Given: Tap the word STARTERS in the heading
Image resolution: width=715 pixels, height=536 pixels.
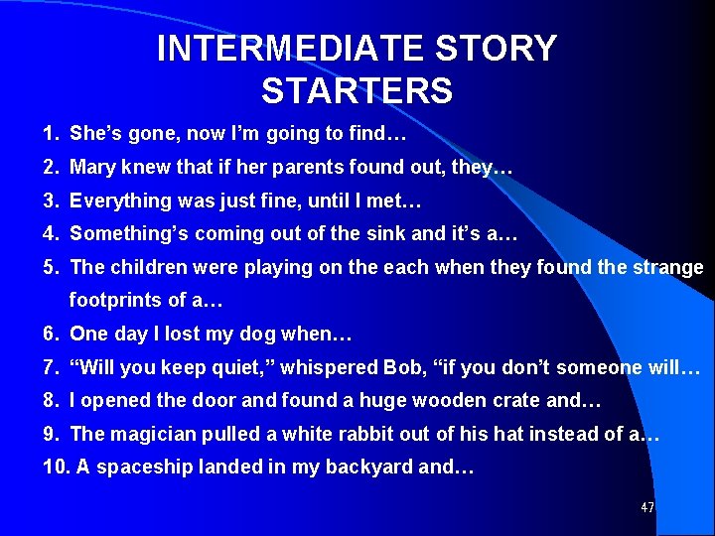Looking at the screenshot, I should coord(357,90).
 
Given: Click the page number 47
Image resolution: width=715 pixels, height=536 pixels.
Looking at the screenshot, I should coord(647,508).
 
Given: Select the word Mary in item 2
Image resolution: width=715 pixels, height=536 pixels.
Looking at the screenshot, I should coord(92,167).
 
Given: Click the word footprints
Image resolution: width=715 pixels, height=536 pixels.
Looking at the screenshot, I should coord(116,300).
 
